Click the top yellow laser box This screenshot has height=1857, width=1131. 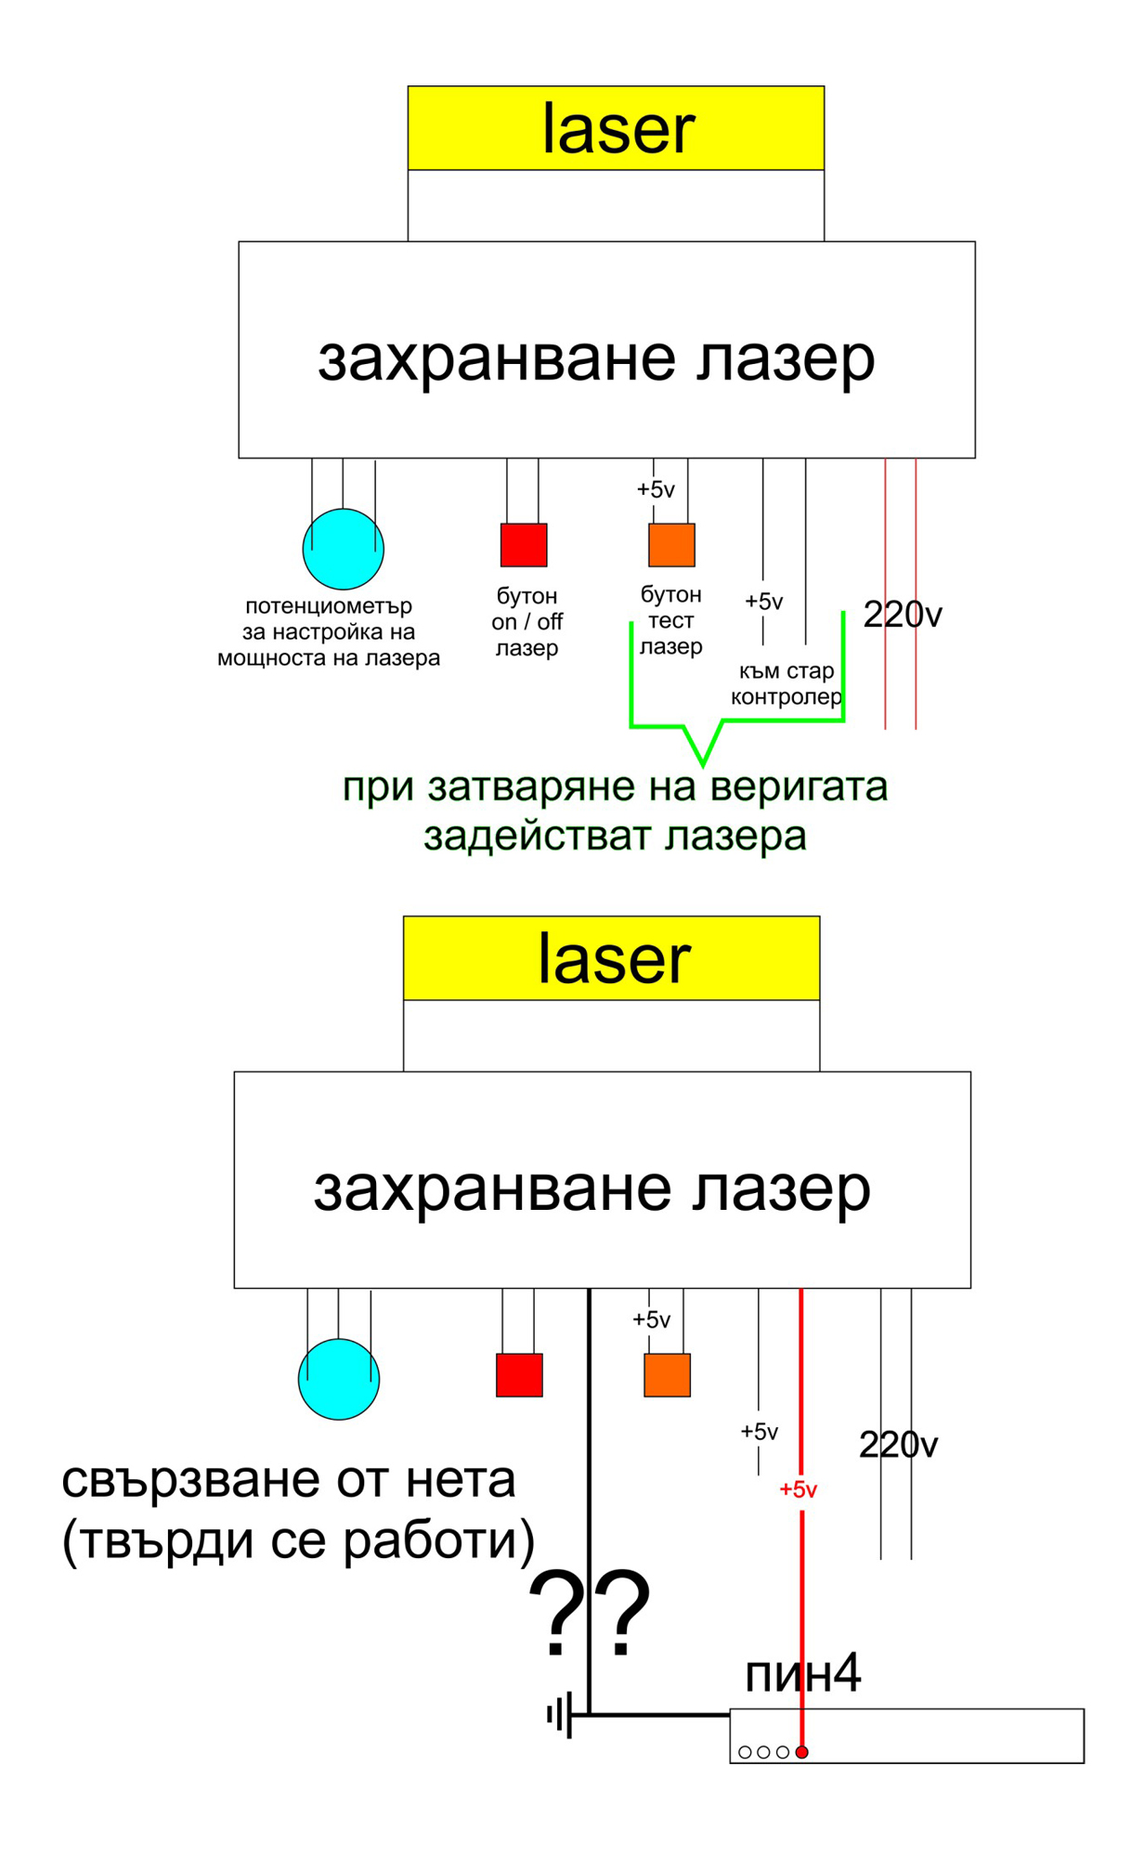pos(616,128)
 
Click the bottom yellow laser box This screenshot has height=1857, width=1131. pos(612,958)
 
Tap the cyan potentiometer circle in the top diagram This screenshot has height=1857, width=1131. pos(343,549)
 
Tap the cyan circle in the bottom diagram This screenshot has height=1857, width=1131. pos(338,1379)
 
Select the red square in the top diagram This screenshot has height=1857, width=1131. pos(524,545)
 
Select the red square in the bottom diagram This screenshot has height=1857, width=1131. pos(519,1375)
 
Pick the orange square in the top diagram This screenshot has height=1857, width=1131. pos(671,545)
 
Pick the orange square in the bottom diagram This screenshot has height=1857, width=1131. pos(667,1375)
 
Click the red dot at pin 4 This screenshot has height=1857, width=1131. pos(802,1752)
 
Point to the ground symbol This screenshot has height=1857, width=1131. pos(560,1715)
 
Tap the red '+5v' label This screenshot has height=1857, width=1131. pos(798,1490)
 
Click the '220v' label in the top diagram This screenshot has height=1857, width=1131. pos(903,615)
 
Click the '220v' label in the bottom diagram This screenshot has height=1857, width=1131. pos(898,1445)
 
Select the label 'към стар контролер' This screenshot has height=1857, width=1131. pos(786,683)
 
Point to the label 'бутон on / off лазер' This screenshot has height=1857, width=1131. pos(526,621)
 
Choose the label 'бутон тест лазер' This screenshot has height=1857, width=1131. pos(670,620)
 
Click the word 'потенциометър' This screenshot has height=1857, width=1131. pos(329,606)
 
